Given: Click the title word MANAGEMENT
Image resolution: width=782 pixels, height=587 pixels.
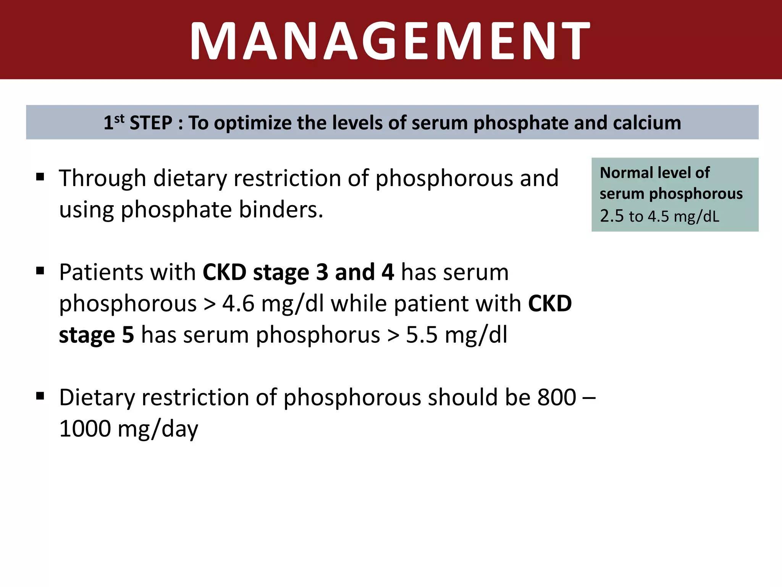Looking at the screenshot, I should point(390,41).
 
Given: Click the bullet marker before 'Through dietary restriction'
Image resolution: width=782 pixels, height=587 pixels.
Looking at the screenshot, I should point(40,177).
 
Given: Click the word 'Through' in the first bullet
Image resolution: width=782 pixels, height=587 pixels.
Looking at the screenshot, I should point(103,178).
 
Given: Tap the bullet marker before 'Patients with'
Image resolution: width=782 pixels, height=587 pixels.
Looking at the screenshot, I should point(40,271).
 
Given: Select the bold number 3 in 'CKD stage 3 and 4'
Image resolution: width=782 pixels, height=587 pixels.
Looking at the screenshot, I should point(322,272).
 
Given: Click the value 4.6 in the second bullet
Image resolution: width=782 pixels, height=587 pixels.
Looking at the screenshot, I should point(238,304).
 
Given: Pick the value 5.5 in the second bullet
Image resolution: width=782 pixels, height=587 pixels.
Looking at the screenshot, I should point(422,335).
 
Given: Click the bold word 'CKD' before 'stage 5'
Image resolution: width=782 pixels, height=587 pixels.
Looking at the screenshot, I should point(550,304).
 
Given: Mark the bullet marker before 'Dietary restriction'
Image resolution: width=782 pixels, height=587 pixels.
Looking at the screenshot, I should point(40,396).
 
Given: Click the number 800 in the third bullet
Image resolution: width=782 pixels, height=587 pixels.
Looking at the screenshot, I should point(556,397).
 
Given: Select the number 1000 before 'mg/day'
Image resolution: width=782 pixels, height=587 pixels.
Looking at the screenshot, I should point(85,429).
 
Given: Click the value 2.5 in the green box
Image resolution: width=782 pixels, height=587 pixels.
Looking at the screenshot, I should point(612,216).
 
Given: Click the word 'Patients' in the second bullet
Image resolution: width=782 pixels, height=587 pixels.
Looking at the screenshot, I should point(100,272).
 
